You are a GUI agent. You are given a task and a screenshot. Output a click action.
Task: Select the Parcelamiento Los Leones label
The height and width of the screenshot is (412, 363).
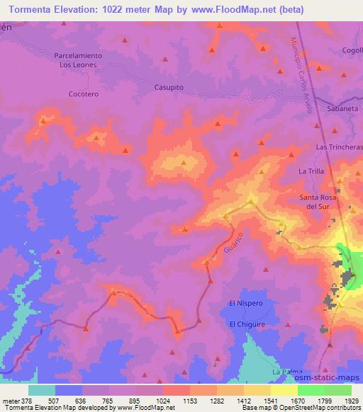coord(79,59)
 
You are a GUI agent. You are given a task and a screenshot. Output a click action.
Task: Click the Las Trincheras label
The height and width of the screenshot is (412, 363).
coord(339,147)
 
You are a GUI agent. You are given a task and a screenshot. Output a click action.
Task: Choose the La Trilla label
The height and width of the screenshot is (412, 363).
coord(311,171)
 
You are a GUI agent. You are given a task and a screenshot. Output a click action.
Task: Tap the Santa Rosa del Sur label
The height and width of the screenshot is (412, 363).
coord(320,202)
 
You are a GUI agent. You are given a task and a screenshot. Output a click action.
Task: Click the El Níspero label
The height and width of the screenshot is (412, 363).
coord(245,303)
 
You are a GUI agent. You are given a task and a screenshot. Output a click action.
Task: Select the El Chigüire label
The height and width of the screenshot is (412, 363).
coord(245,324)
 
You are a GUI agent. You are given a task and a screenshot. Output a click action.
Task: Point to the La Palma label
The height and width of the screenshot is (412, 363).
coord(286,372)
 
